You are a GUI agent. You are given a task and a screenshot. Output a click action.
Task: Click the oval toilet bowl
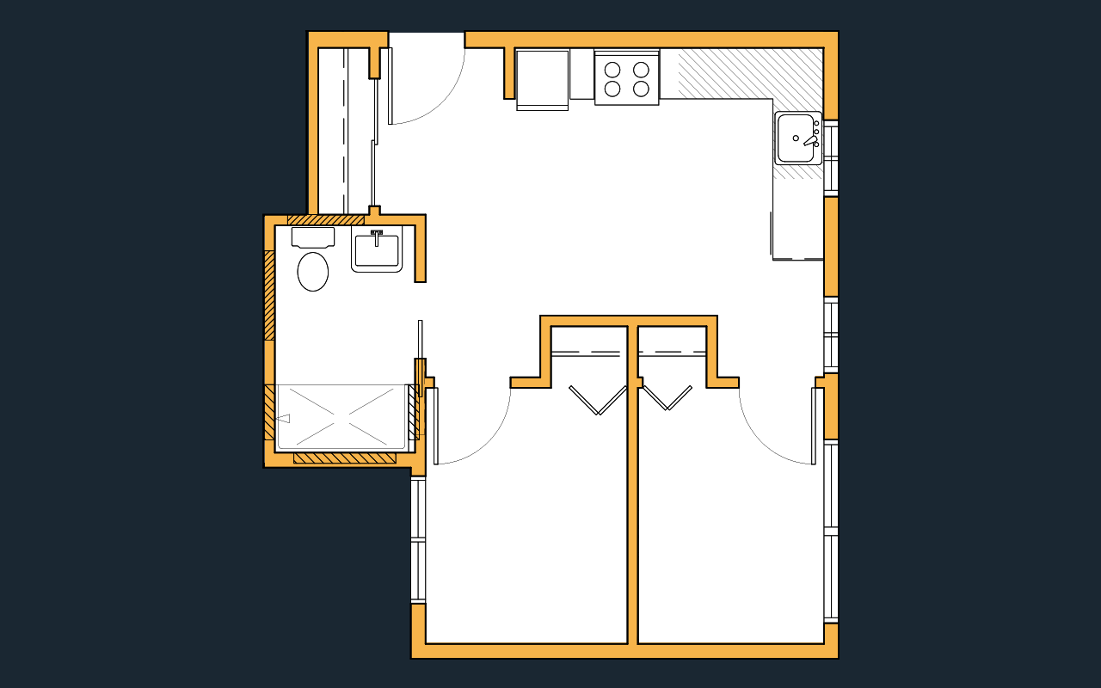(x=313, y=272)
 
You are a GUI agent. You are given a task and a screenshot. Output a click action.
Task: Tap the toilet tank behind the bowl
(x=313, y=237)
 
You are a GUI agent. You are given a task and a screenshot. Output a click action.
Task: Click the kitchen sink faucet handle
(x=809, y=140)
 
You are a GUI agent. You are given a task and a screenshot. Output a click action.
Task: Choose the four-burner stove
(x=626, y=78)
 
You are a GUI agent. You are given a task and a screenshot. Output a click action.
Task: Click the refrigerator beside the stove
(x=542, y=78)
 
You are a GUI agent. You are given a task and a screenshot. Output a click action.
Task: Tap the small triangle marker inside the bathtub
(x=283, y=419)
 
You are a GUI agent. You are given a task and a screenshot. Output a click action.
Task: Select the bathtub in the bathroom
(x=341, y=417)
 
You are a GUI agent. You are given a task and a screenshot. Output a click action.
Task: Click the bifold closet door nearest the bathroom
(x=598, y=400)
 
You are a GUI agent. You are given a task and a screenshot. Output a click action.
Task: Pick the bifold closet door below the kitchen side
(x=667, y=397)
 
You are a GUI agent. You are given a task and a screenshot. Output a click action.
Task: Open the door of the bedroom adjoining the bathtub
(x=432, y=426)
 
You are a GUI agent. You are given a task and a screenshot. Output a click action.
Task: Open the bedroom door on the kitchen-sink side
(x=815, y=426)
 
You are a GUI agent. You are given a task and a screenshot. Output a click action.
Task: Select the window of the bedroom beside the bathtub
(x=418, y=540)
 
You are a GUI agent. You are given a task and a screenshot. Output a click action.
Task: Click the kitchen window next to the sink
(x=831, y=157)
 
